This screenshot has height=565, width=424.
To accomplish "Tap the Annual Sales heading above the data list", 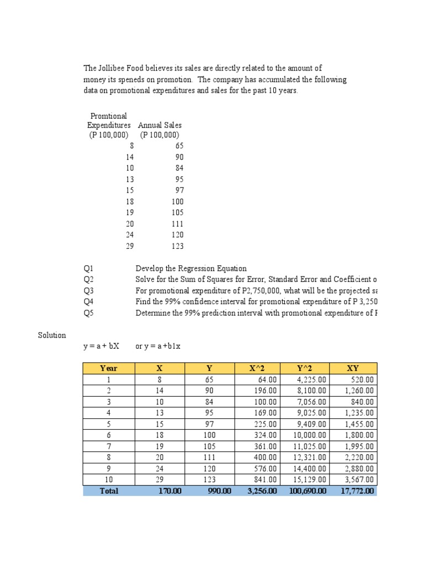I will click(160, 125).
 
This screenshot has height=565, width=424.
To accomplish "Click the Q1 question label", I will click(89, 269).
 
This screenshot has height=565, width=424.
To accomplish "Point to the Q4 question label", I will click(89, 302).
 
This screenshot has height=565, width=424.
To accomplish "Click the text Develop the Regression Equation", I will click(191, 269).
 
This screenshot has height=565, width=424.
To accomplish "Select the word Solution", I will click(52, 335).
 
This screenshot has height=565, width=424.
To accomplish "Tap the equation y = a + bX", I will click(101, 347).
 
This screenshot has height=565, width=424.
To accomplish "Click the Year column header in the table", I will click(109, 368).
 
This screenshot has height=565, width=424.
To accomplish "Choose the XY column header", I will click(353, 368).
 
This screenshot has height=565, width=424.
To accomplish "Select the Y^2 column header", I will click(305, 368).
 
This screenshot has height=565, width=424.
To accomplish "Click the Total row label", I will click(109, 491).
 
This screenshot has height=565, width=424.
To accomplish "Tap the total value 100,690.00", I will click(308, 491).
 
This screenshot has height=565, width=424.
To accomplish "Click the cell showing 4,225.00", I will click(311, 380).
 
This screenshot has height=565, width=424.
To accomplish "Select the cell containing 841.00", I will click(266, 480).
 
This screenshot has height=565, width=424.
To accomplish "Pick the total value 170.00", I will click(169, 491).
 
